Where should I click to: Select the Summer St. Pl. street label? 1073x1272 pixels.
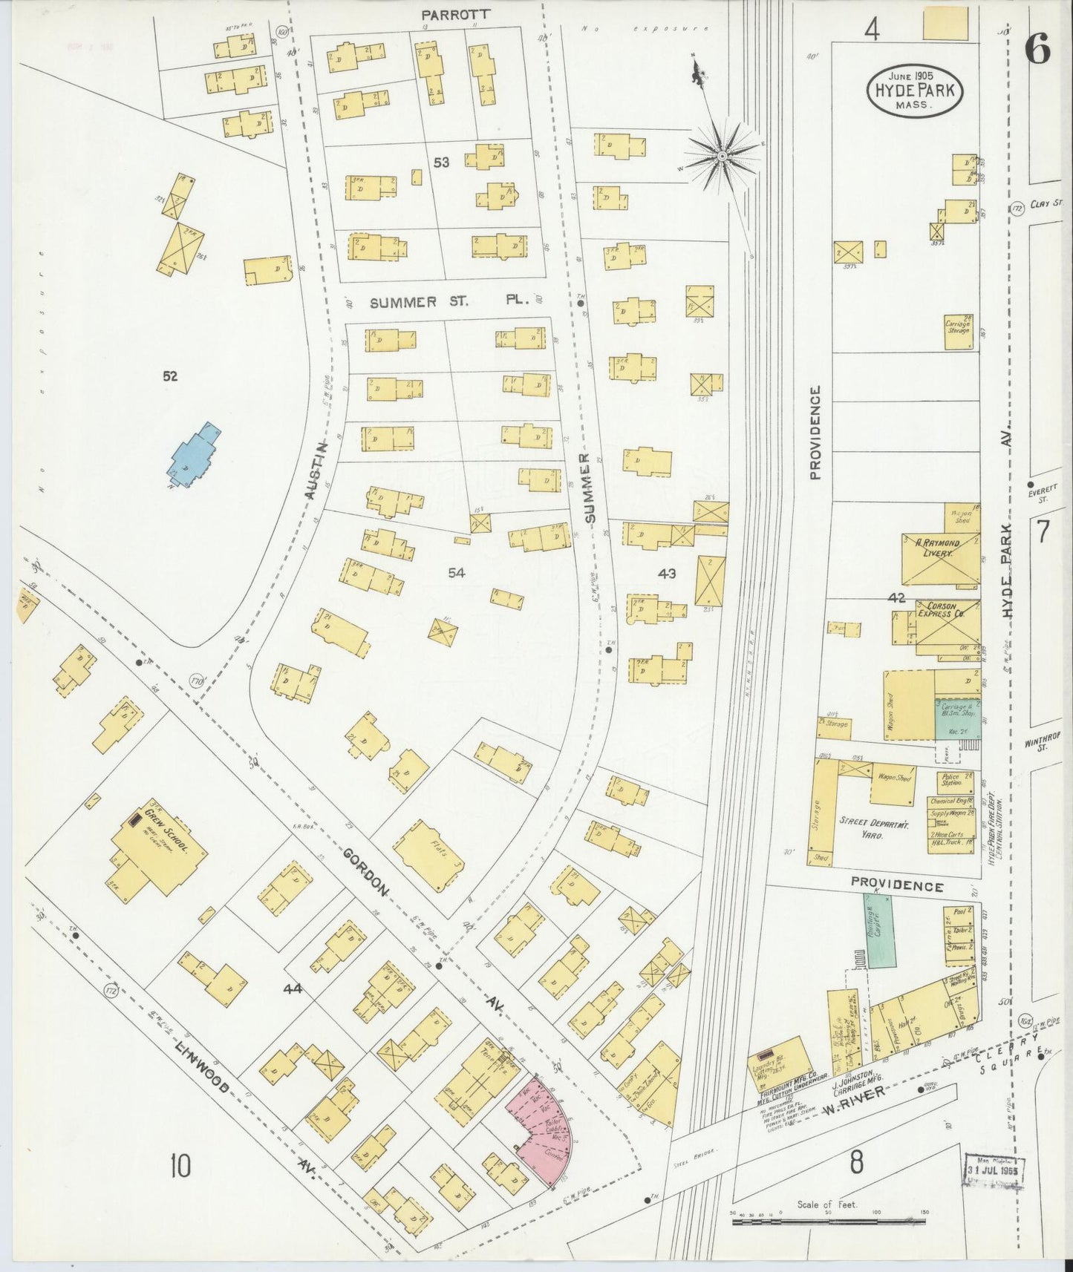(x=449, y=302)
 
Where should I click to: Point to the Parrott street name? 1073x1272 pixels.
(x=446, y=14)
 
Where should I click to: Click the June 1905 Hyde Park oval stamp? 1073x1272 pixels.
(x=914, y=89)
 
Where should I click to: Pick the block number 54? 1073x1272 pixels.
(x=456, y=572)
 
